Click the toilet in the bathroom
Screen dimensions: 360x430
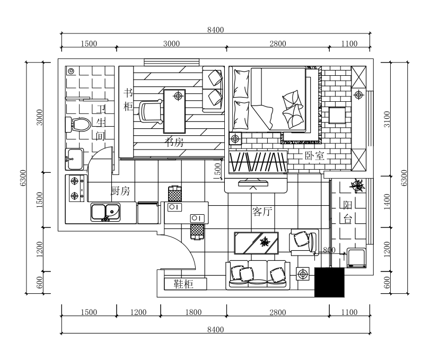click(x=77, y=125)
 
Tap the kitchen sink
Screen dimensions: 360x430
click(x=105, y=212)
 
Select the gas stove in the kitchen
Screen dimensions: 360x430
click(x=75, y=188)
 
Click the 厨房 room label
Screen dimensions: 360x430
click(x=120, y=191)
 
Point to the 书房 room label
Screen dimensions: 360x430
click(x=174, y=142)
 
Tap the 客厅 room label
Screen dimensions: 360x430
click(x=262, y=212)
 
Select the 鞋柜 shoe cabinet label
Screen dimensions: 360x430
click(x=183, y=284)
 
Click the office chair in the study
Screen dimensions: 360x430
click(x=151, y=111)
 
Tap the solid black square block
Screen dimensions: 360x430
click(x=329, y=282)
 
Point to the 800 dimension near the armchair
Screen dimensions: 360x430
click(x=328, y=250)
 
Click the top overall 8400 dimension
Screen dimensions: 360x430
click(x=215, y=30)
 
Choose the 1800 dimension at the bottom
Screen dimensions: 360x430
click(x=193, y=312)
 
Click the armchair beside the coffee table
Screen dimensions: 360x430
click(x=303, y=240)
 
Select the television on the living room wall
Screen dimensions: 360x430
click(x=253, y=185)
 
